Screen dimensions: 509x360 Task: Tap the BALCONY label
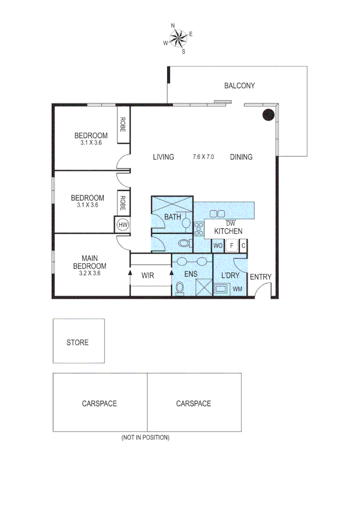pos(239,86)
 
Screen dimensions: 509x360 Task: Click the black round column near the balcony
pos(268,115)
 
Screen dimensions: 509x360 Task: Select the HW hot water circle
pos(123,225)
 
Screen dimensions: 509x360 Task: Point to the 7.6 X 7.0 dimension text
pos(203,157)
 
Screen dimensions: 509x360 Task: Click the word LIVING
pos(163,157)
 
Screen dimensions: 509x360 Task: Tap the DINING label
pos(241,157)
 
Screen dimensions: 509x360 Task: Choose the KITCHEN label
pos(228,231)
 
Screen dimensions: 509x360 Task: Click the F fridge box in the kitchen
pos(231,246)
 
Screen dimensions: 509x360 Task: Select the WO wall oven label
pos(218,246)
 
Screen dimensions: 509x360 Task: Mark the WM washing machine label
pos(237,289)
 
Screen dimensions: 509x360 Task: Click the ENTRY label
pos(260,277)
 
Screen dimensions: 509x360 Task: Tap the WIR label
pos(148,274)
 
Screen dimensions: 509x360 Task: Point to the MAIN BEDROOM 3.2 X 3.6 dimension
pos(87,272)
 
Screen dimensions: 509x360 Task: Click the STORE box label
pos(77,342)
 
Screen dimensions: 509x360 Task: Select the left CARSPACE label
pos(99,403)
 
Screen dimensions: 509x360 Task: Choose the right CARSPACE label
pos(193,403)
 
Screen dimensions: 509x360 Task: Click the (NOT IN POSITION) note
pos(145,437)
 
